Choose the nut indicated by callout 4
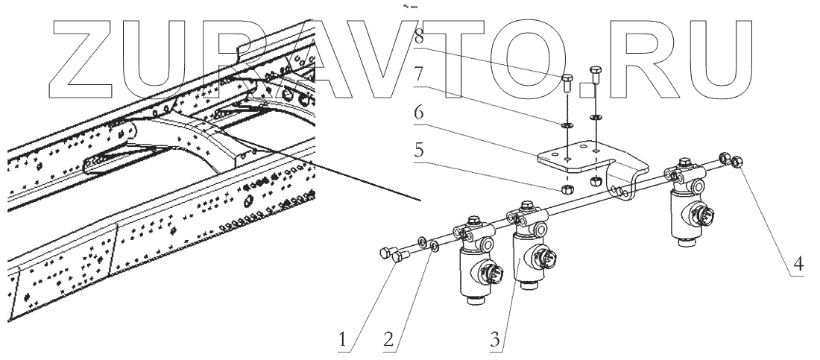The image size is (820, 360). point(735,160)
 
